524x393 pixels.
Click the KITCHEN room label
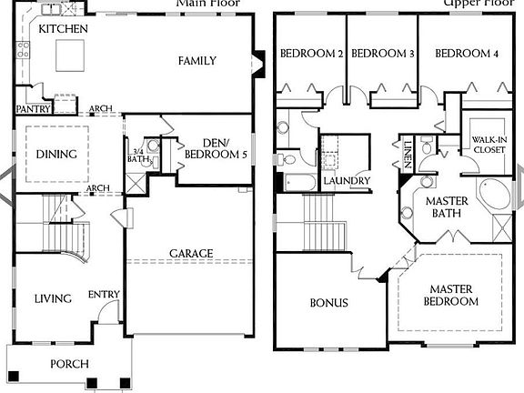(x=63, y=30)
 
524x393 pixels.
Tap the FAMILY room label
(x=196, y=61)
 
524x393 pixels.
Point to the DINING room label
(x=55, y=154)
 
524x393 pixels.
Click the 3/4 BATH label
(x=139, y=156)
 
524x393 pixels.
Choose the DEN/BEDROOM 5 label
(x=214, y=148)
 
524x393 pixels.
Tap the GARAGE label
(x=191, y=253)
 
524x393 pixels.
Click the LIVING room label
(x=53, y=298)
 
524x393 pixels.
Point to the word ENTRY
(x=103, y=294)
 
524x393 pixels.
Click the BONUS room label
(x=328, y=303)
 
